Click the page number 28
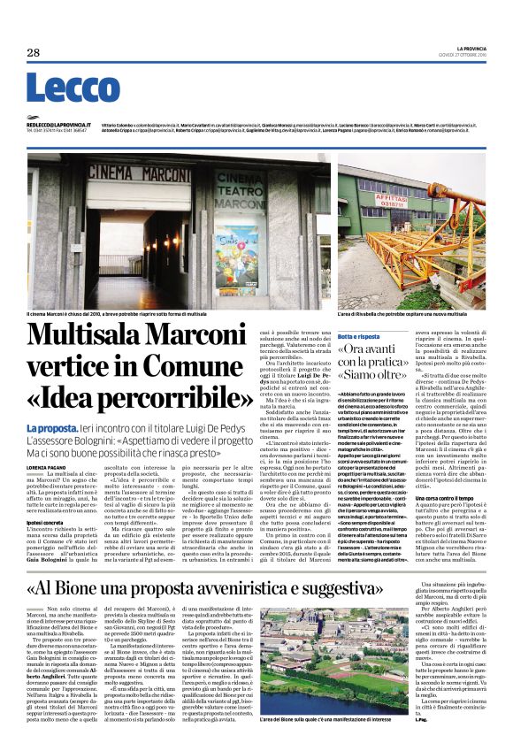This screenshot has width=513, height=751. pos(33,52)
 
